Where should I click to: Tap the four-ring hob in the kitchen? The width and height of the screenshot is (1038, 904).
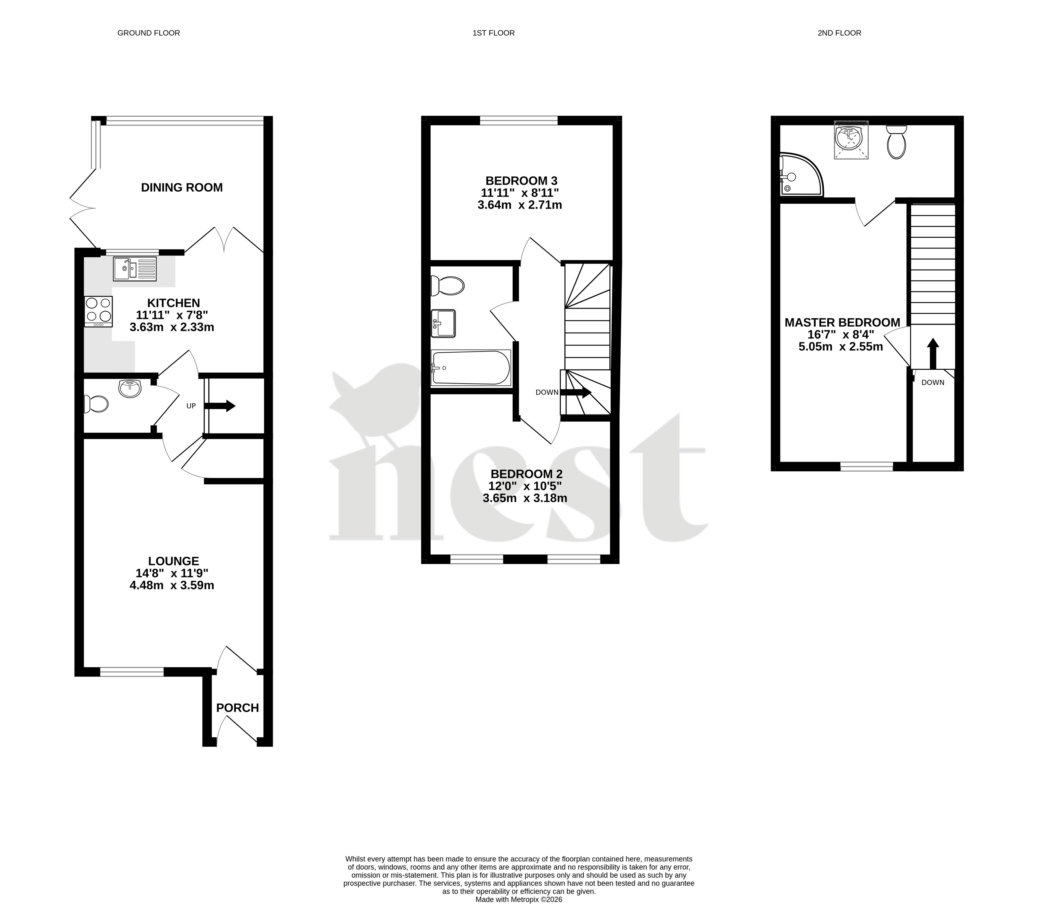98,311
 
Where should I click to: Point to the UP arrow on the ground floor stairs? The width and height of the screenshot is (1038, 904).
220,406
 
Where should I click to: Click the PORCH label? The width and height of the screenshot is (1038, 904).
237,708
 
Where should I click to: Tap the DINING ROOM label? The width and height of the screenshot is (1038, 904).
182,188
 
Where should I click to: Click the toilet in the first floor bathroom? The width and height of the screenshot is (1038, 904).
447,286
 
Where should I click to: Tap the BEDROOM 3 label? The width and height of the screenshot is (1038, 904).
521,181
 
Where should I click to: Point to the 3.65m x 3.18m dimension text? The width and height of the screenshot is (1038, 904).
525,498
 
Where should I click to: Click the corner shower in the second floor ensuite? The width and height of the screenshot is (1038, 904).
802,174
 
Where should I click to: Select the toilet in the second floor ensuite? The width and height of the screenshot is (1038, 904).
896,142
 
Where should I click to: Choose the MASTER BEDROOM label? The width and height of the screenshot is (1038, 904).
842,322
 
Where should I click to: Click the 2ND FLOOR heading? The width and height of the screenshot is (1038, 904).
839,33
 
